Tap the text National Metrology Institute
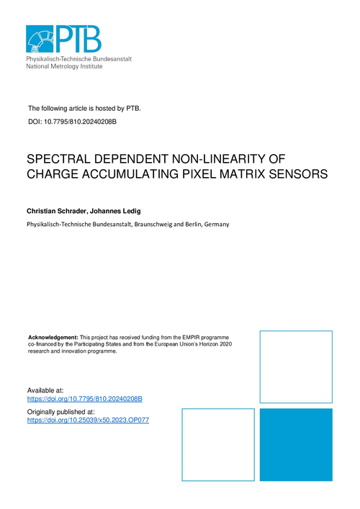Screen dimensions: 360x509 click(64, 66)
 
